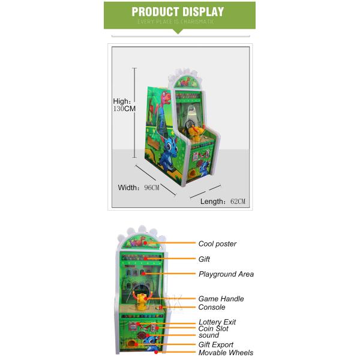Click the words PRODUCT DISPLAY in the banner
tap(178, 12)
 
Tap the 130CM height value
tap(124, 109)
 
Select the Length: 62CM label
tap(223, 201)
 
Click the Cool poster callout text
tap(217, 244)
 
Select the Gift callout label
tap(204, 259)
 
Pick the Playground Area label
tap(226, 274)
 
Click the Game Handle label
tap(221, 299)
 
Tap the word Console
tap(212, 307)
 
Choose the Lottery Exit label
tap(217, 322)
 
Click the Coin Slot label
tap(213, 329)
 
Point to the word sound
tap(209, 335)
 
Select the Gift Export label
tap(215, 345)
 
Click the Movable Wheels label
tap(226, 353)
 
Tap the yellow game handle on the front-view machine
tap(142, 299)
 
